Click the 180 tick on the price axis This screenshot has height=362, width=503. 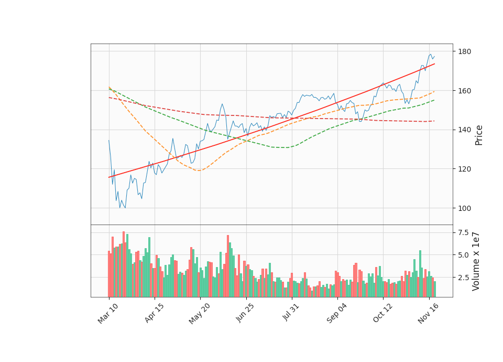click(x=464, y=51)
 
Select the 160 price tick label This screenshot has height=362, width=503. click(x=464, y=91)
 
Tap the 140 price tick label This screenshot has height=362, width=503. click(x=464, y=130)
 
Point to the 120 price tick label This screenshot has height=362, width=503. click(x=464, y=169)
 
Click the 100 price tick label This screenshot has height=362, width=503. click(x=464, y=208)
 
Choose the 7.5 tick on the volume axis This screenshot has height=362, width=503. click(x=463, y=232)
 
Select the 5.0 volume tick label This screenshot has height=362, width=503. click(x=463, y=255)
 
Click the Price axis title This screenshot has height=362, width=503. click(x=479, y=135)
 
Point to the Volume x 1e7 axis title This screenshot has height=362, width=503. click(x=476, y=261)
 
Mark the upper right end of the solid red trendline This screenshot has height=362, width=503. click(x=434, y=63)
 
